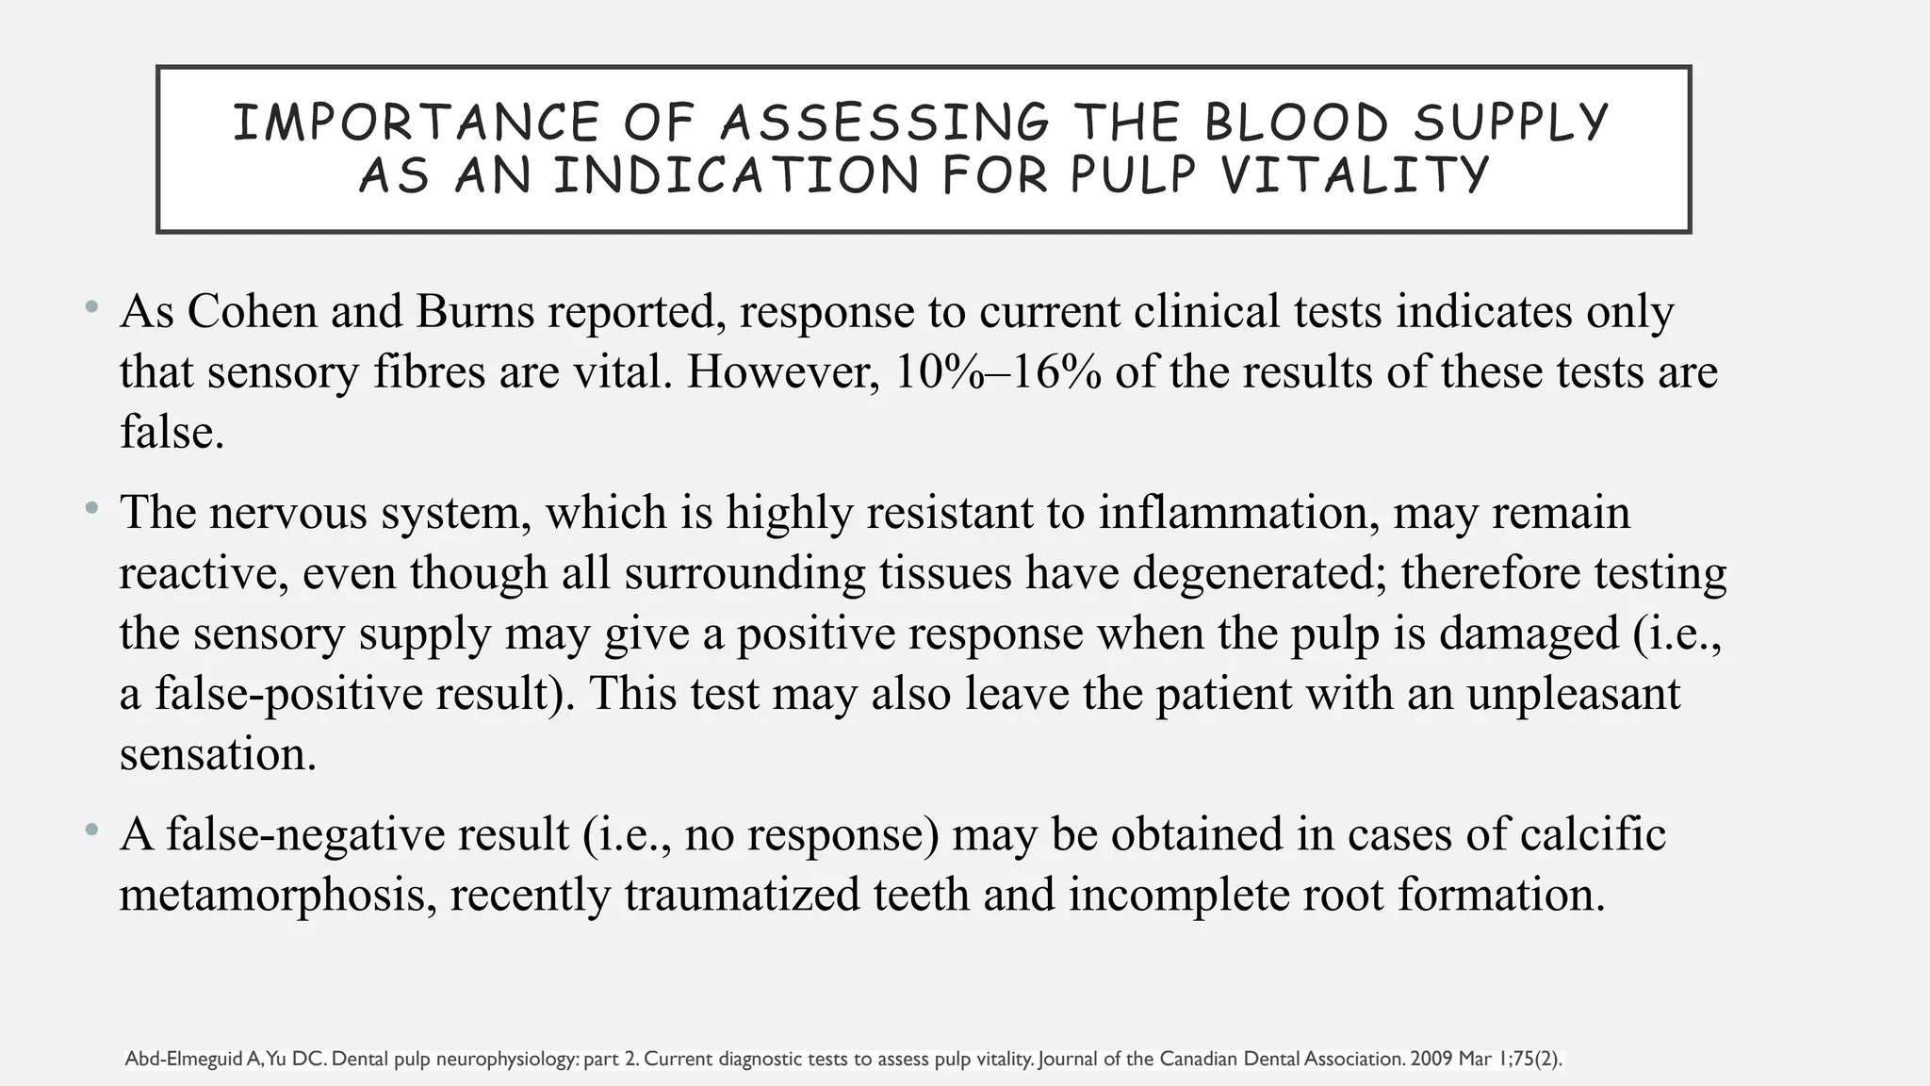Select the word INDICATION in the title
pos(735,175)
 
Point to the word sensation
pos(218,754)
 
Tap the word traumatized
pos(742,895)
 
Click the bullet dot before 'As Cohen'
pos(90,306)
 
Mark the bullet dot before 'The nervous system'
pos(90,508)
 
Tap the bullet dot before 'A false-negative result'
pos(90,830)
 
